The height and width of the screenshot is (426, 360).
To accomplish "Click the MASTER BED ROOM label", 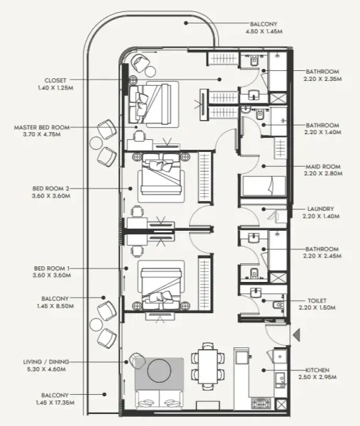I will click(x=42, y=128).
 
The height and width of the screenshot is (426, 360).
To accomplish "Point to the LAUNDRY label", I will click(x=320, y=209).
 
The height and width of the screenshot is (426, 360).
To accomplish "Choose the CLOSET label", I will click(x=55, y=80).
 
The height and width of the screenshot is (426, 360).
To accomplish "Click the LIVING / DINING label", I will click(x=56, y=361).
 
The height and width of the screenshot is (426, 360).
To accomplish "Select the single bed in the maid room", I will click(x=264, y=186).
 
